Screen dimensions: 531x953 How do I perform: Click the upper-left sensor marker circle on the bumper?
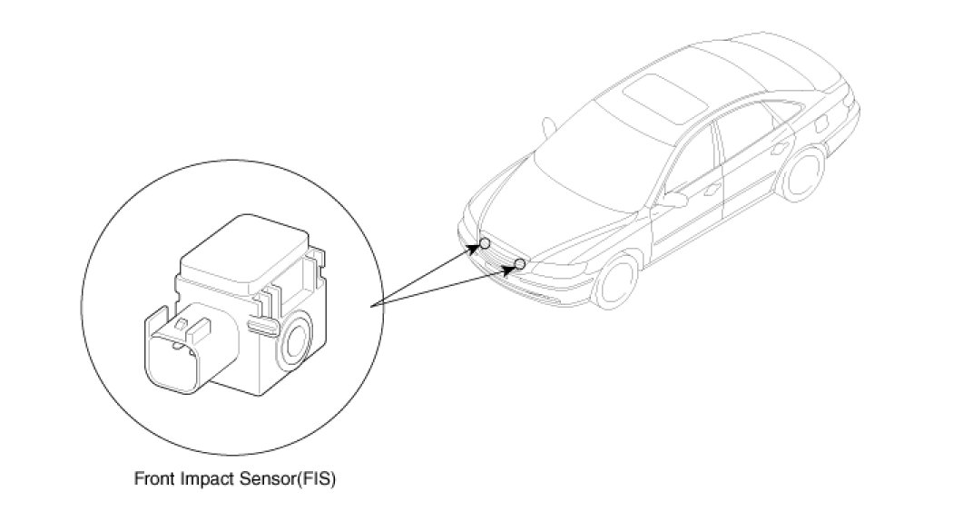486,243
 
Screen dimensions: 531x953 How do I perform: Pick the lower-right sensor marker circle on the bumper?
520,264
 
